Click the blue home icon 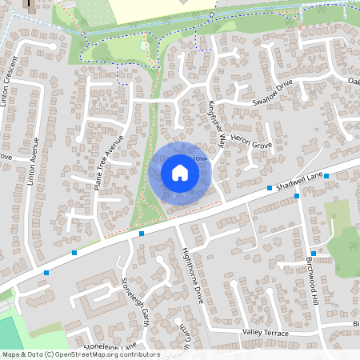point(180,172)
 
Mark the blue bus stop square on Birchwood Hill point(314,254)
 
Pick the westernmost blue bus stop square point(46,273)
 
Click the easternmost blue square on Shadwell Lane point(326,175)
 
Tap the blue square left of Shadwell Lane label point(270,188)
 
